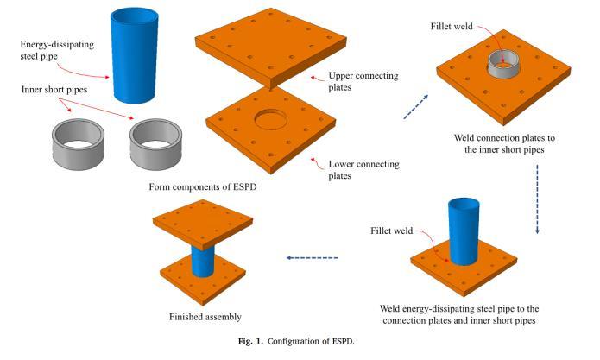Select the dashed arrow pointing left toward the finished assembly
click(x=313, y=257)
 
